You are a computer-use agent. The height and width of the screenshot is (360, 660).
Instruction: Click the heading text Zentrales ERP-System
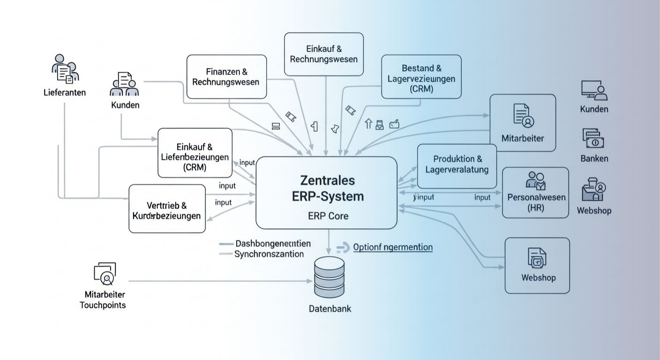(x=327, y=188)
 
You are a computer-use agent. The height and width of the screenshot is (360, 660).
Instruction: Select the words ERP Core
(x=328, y=216)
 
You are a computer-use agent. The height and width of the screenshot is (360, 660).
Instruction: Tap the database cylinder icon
(x=329, y=278)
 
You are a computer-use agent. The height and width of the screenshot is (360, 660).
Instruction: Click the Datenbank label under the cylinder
(x=330, y=309)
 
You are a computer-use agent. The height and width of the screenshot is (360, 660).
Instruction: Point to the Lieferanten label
(x=64, y=92)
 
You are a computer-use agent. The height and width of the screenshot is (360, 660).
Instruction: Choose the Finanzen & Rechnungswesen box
(x=226, y=76)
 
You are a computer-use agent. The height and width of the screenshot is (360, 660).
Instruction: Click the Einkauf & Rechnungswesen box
(x=323, y=54)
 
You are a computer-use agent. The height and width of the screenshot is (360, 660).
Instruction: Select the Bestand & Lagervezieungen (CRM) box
(x=421, y=76)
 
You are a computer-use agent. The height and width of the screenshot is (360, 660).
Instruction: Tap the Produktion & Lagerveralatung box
(x=457, y=165)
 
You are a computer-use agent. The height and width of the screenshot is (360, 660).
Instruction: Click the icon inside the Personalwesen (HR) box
(x=536, y=180)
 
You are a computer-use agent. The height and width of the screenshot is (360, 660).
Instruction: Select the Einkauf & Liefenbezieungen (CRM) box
(x=195, y=152)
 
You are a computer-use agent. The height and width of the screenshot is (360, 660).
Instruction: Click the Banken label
(x=594, y=158)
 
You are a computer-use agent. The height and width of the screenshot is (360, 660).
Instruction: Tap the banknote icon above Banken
(x=593, y=139)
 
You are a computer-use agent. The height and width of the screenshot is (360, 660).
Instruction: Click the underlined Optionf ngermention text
(x=392, y=247)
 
